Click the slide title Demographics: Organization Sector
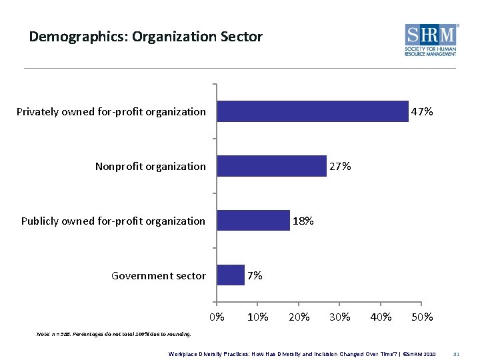pos(145,36)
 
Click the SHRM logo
pos(431,40)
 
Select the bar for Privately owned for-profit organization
pos(313,111)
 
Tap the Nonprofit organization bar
pos(272,166)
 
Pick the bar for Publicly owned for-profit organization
pos(253,221)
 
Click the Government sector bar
pos(231,275)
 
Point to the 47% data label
pos(422,112)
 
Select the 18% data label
pos(303,221)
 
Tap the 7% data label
pos(255,275)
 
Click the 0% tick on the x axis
pos(217,317)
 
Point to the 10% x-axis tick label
pos(258,317)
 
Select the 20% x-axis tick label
pos(299,317)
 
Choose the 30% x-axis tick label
pos(340,317)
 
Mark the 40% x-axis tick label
pos(381,317)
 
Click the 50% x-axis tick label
pos(422,317)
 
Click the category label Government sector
pos(159,275)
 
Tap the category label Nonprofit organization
pos(151,167)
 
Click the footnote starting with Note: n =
pos(114,334)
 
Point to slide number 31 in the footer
pos(457,353)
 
